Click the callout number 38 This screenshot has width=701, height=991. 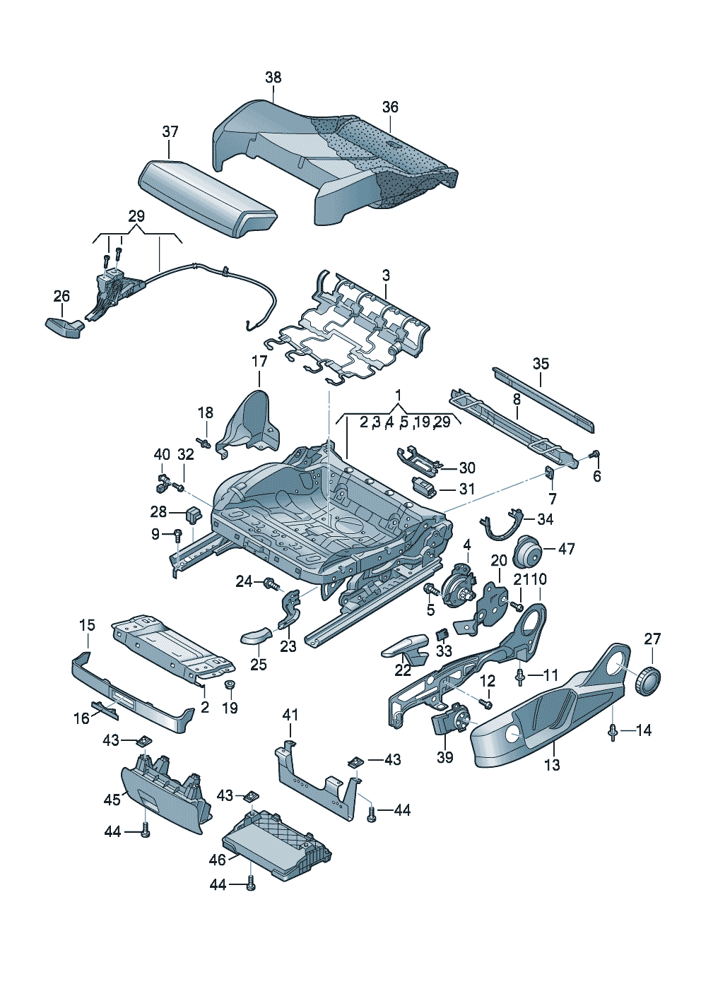[273, 78]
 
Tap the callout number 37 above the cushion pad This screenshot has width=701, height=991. [170, 131]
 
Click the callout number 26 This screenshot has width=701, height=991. [62, 295]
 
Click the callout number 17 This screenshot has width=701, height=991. [259, 362]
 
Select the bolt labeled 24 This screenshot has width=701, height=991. [270, 583]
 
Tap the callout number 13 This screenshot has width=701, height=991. [552, 764]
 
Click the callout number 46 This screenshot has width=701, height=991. [217, 860]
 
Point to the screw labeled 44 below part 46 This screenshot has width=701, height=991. [250, 883]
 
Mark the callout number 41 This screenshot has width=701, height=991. [290, 715]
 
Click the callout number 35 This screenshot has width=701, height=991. [541, 364]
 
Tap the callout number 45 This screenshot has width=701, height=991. [112, 800]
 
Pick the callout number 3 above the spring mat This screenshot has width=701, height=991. [386, 275]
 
